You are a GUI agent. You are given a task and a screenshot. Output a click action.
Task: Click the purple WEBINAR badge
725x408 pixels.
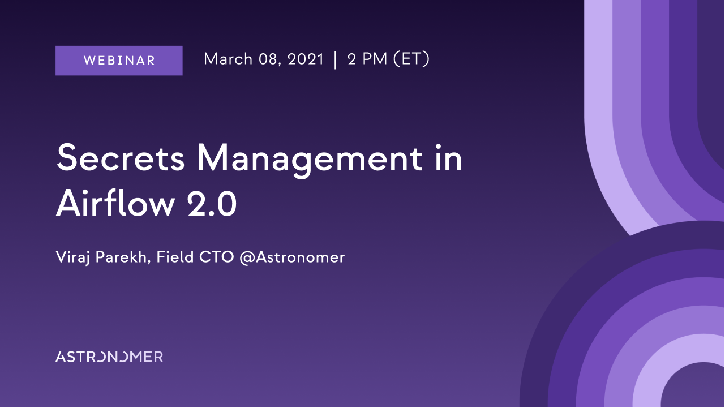click(x=119, y=61)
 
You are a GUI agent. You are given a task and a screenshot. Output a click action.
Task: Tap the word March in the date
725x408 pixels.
click(x=228, y=59)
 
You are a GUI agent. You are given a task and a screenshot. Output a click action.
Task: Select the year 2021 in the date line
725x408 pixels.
click(x=306, y=59)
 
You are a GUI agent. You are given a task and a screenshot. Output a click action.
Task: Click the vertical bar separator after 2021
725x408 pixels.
click(x=335, y=60)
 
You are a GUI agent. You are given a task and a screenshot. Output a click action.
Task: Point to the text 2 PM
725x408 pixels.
click(x=367, y=59)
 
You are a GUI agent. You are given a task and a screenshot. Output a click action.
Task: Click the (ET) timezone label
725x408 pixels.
click(x=411, y=59)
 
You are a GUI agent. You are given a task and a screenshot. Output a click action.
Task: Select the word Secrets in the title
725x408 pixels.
click(x=121, y=157)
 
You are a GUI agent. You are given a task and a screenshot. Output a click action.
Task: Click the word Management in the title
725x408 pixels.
click(x=310, y=160)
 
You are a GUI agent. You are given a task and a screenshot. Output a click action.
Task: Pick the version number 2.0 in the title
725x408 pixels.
click(x=212, y=204)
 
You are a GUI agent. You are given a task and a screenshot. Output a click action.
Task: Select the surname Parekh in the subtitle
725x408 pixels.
click(x=121, y=257)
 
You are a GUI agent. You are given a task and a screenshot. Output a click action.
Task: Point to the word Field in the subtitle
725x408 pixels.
click(x=175, y=257)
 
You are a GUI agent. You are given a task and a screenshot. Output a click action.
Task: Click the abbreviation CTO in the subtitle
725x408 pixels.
click(x=217, y=257)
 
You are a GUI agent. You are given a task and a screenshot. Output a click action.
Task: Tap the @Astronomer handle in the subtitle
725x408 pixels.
click(x=292, y=258)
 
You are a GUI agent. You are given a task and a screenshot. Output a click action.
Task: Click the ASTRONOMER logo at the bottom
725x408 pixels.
click(x=109, y=357)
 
